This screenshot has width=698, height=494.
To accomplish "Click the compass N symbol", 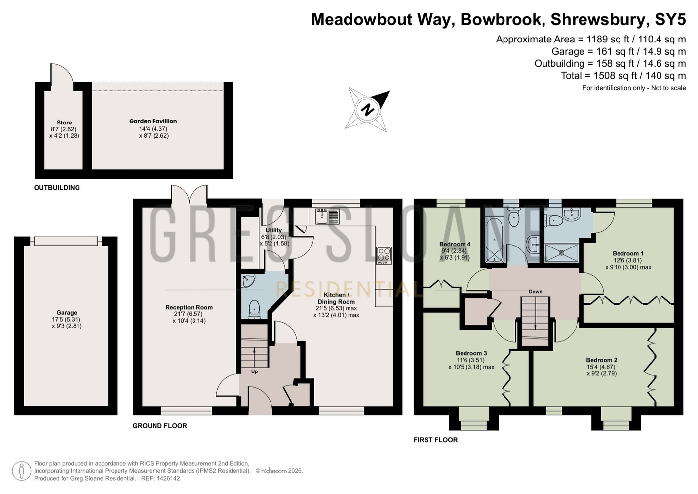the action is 368,109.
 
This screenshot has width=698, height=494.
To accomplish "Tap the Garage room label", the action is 67,313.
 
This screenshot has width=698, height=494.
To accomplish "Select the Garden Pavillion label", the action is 153,121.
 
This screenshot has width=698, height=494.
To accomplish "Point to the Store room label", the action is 64,123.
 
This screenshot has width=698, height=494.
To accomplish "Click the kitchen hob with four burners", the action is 384,256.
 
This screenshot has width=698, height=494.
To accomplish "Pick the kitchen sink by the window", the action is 327,216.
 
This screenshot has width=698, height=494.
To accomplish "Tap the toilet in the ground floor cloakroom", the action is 254,309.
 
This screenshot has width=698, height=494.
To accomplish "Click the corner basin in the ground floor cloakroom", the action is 248,281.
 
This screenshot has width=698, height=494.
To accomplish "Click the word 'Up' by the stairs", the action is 254,372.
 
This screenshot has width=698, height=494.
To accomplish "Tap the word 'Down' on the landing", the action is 535,292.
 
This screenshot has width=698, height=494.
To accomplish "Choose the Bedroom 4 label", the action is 455,244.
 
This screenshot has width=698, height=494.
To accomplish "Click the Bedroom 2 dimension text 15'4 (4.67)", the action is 601,367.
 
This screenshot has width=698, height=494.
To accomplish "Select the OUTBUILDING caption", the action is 57,187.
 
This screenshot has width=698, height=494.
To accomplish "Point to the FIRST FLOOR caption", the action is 435,440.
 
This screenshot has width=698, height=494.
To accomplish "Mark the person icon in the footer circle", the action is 22,471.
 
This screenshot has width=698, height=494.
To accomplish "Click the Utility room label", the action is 273,230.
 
